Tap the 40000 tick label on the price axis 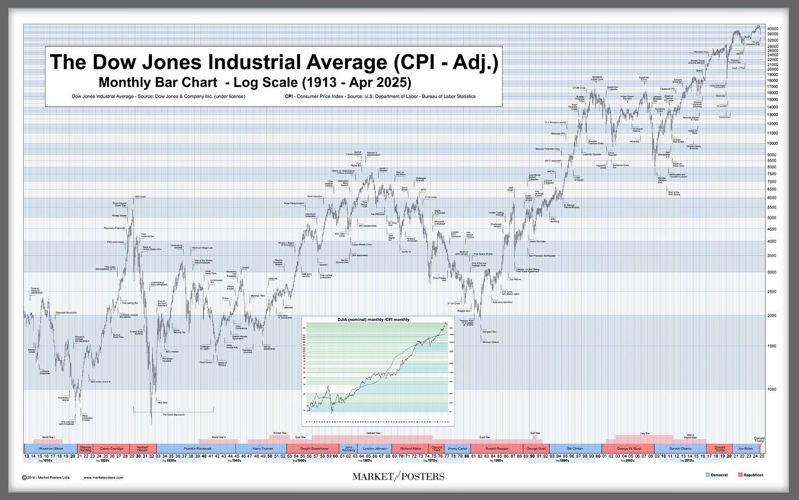coord(773,29)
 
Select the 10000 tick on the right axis coord(773,144)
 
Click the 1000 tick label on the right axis coord(772,389)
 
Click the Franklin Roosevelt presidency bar coord(197,449)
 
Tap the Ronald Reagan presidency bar coord(497,449)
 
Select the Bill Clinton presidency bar coord(575,449)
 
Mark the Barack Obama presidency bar coord(680,449)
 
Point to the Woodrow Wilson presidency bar coord(51,449)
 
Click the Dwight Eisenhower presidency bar coord(314,449)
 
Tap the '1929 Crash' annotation coord(140,197)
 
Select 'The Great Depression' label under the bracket coord(174,415)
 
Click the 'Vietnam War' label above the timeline coord(373,433)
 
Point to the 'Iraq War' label coord(645,434)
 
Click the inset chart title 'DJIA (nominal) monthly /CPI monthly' coord(373,319)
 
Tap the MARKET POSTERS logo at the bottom coord(398,476)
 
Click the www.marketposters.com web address coord(103,477)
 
